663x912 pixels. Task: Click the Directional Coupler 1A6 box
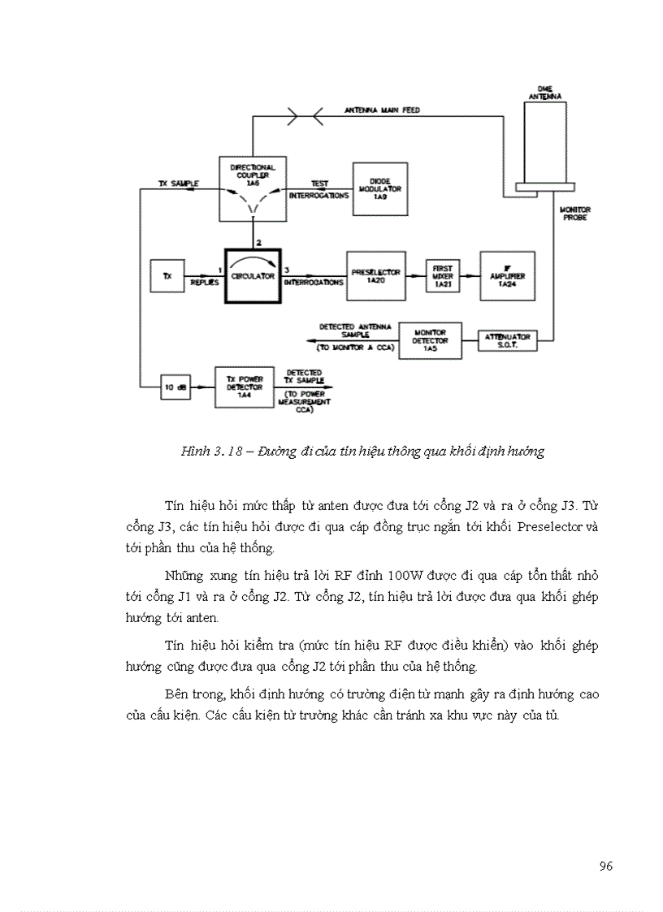tap(253, 188)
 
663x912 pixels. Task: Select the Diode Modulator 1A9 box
tap(379, 188)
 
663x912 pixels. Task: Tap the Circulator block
tap(253, 275)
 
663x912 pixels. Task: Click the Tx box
tap(167, 276)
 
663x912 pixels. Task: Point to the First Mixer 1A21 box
tap(442, 275)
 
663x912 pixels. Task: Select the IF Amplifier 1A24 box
tap(507, 275)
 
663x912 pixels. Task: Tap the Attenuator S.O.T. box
tap(507, 340)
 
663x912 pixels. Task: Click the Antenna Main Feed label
tap(382, 110)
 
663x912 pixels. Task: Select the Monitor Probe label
tap(575, 214)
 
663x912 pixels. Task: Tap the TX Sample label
tap(179, 184)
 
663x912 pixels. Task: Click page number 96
tap(605, 866)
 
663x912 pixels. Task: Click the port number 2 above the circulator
tap(258, 243)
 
